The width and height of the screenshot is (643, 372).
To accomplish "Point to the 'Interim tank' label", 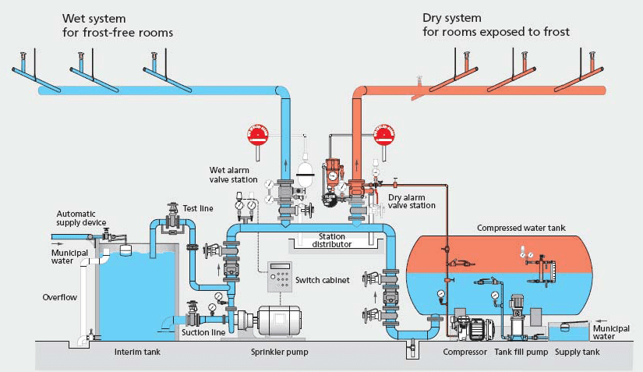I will coord(137,353).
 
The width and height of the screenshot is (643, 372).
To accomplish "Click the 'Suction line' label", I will coord(205,332).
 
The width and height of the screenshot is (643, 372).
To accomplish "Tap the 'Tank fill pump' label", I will coord(521,353).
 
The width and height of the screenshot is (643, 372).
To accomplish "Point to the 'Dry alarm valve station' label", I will coord(412,201).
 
